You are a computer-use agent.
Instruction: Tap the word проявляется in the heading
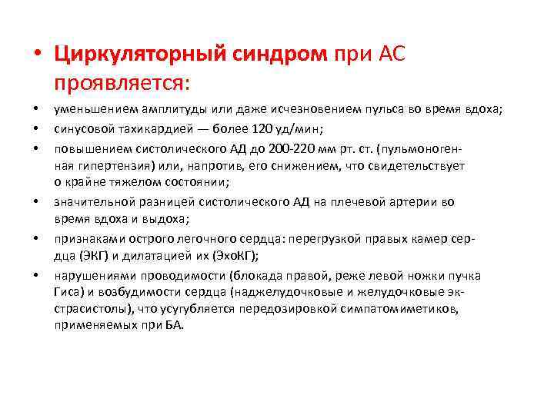[x=122, y=80]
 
